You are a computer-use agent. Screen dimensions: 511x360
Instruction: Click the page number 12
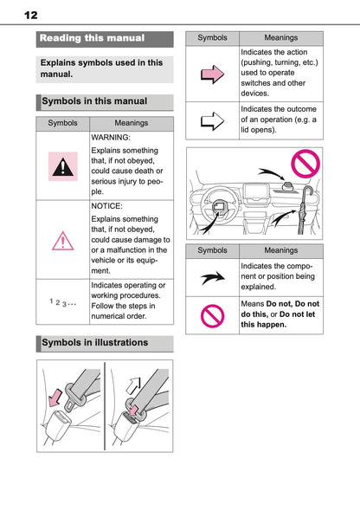coord(31,16)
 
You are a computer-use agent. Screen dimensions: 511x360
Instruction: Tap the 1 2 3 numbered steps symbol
coord(62,301)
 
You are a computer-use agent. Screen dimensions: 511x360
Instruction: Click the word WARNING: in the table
coord(111,137)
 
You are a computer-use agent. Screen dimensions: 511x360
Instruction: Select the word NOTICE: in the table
coord(108,207)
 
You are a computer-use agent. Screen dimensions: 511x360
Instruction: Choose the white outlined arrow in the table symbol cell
coord(212,120)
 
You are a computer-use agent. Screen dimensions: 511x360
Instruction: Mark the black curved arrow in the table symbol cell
coord(212,276)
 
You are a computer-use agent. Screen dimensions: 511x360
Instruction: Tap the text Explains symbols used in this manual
coord(101,68)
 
